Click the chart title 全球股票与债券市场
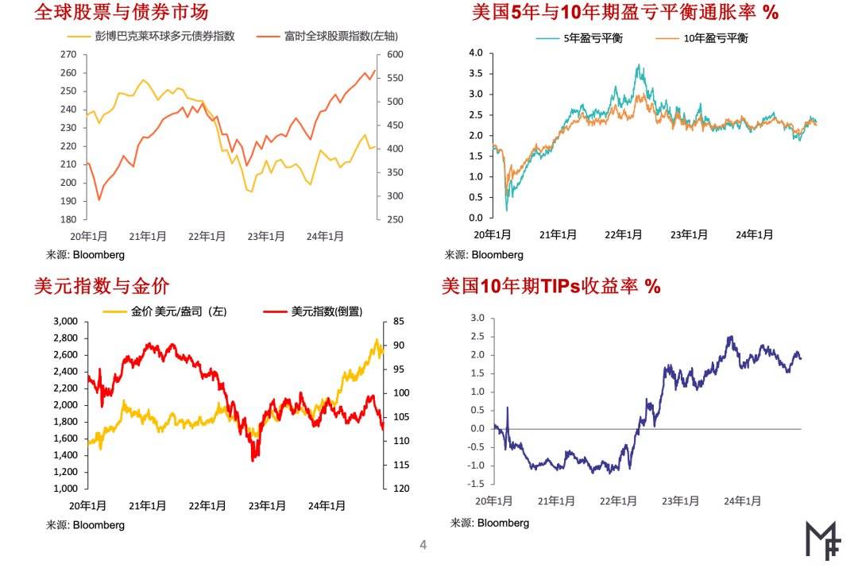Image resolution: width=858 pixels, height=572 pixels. point(121,13)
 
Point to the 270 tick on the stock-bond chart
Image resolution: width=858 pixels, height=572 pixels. point(68,54)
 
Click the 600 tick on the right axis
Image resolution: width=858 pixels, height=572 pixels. point(395,54)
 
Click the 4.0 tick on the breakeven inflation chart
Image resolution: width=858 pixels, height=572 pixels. point(476,52)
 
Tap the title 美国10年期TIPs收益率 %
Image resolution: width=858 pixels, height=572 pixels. point(551,287)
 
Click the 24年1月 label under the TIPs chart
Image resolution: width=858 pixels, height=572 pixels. point(742,501)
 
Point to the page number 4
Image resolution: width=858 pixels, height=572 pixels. point(423,545)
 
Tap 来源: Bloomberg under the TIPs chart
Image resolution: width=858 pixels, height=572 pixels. point(489,523)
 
